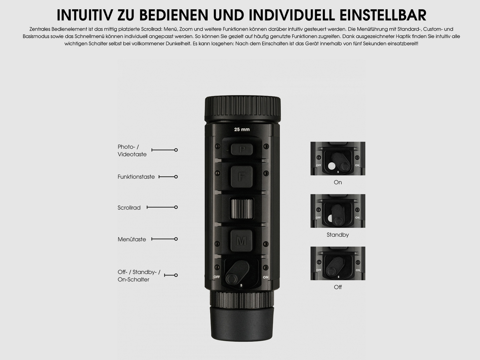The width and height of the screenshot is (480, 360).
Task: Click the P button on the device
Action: (x=242, y=149)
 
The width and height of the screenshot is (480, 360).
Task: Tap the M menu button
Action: (x=241, y=240)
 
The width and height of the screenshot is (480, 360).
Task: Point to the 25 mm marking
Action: (x=242, y=130)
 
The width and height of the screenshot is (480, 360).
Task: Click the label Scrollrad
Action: (x=129, y=208)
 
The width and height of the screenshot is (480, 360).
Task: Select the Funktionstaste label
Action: (x=136, y=177)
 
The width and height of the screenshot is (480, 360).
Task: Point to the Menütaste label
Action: (x=132, y=239)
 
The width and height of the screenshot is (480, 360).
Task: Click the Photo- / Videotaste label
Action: (x=132, y=151)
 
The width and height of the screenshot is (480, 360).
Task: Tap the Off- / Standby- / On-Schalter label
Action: (x=139, y=276)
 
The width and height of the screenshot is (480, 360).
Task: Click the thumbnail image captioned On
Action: (x=338, y=158)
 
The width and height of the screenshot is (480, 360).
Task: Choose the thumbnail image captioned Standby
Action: (x=338, y=211)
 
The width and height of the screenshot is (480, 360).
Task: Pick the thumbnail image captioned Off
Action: (x=338, y=263)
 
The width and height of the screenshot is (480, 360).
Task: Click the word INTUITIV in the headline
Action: (x=85, y=15)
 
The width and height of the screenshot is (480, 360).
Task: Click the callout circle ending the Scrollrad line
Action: (x=176, y=207)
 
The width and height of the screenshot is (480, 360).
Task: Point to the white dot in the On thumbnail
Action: (x=331, y=166)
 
